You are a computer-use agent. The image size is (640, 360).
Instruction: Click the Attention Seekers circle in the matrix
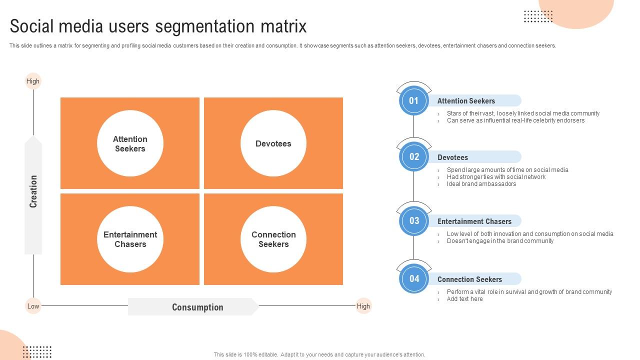pos(130,143)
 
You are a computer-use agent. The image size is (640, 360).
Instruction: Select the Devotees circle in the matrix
pos(273,143)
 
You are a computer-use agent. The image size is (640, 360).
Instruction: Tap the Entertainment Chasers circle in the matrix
pos(130,239)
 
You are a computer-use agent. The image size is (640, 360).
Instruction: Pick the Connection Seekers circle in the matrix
pos(273,239)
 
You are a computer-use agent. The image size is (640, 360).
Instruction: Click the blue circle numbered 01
pos(413,100)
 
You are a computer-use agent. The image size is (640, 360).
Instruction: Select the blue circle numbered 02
pos(413,156)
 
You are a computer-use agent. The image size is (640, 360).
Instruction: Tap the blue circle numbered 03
pos(413,220)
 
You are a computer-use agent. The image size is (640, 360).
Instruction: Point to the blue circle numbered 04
pos(413,278)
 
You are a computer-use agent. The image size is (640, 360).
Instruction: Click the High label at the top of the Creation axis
pos(33,81)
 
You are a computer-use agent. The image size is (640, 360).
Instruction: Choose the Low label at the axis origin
pos(33,306)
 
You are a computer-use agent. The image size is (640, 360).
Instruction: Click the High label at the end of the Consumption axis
pos(363,306)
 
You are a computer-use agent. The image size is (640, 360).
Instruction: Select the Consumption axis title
pos(197,307)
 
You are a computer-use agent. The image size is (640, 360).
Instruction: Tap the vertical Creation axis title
pos(33,191)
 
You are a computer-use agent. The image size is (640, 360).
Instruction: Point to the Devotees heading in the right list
pos(453,157)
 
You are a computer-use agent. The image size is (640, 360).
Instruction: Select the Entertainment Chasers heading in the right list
pos(474,221)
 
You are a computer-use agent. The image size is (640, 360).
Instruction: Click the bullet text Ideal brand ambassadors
pos(481,184)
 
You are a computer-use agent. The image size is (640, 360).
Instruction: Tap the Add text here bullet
pos(465,299)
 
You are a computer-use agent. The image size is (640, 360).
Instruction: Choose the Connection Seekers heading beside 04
pos(469,279)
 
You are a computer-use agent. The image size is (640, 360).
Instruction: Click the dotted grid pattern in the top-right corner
pos(538,16)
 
